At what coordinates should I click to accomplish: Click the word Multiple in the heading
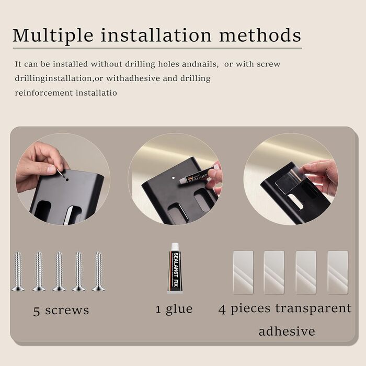click(x=53, y=35)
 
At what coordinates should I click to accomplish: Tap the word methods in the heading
click(x=260, y=35)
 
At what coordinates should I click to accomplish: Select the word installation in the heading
click(x=156, y=35)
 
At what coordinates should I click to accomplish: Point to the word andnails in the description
click(x=200, y=64)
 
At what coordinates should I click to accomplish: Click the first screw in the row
click(x=18, y=271)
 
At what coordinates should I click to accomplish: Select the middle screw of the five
click(x=59, y=271)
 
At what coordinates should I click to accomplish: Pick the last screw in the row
click(x=98, y=271)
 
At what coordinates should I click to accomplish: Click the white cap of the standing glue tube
click(x=175, y=247)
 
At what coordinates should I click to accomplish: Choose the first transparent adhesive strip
click(x=243, y=272)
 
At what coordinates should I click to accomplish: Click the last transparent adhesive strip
click(x=338, y=272)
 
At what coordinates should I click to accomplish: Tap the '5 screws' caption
click(x=61, y=311)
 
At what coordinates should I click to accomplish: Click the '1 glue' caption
click(x=174, y=310)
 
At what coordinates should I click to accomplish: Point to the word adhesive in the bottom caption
click(x=287, y=331)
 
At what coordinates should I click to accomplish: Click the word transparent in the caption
click(x=313, y=308)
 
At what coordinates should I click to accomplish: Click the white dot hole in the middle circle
click(x=173, y=178)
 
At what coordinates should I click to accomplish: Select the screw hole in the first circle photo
click(x=67, y=180)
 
